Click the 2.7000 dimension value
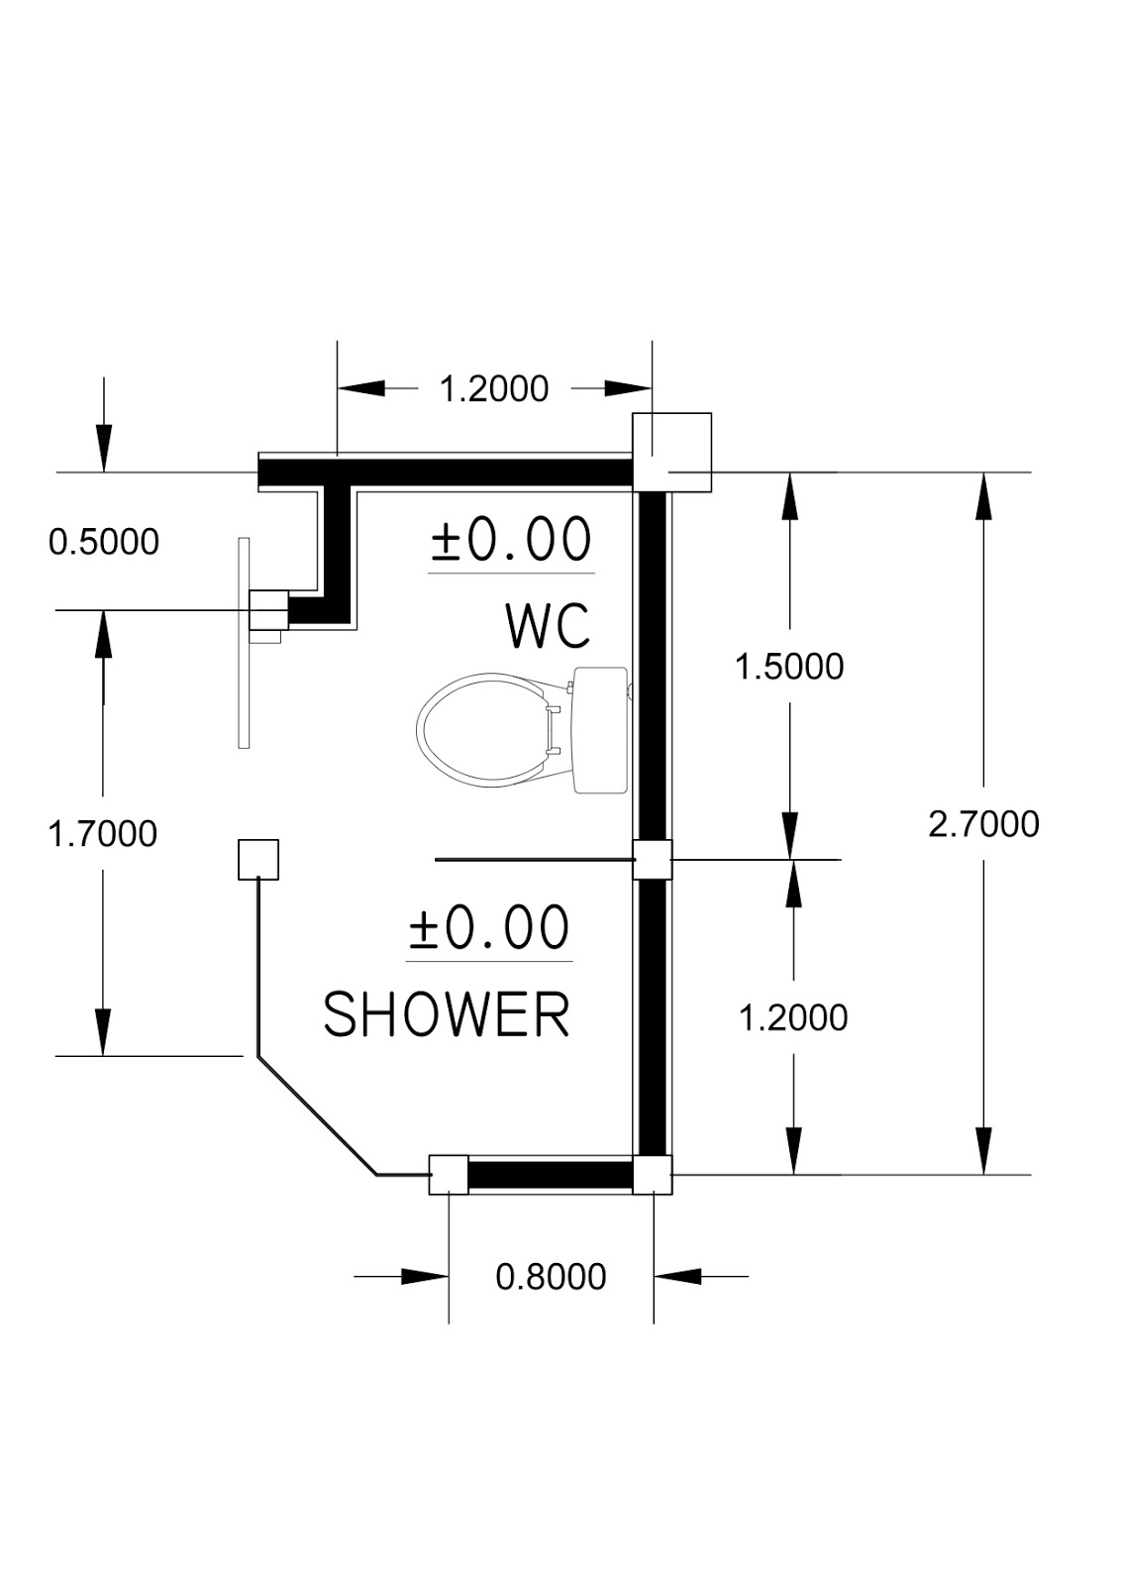983,824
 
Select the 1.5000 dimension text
789,667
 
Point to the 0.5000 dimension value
104,543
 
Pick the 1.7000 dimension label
103,834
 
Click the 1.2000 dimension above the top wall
494,389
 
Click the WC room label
549,626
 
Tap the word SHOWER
447,1014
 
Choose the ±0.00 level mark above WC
511,539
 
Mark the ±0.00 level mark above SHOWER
489,927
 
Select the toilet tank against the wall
600,730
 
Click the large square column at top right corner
671,452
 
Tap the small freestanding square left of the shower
258,860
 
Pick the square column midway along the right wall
652,859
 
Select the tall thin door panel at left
244,643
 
